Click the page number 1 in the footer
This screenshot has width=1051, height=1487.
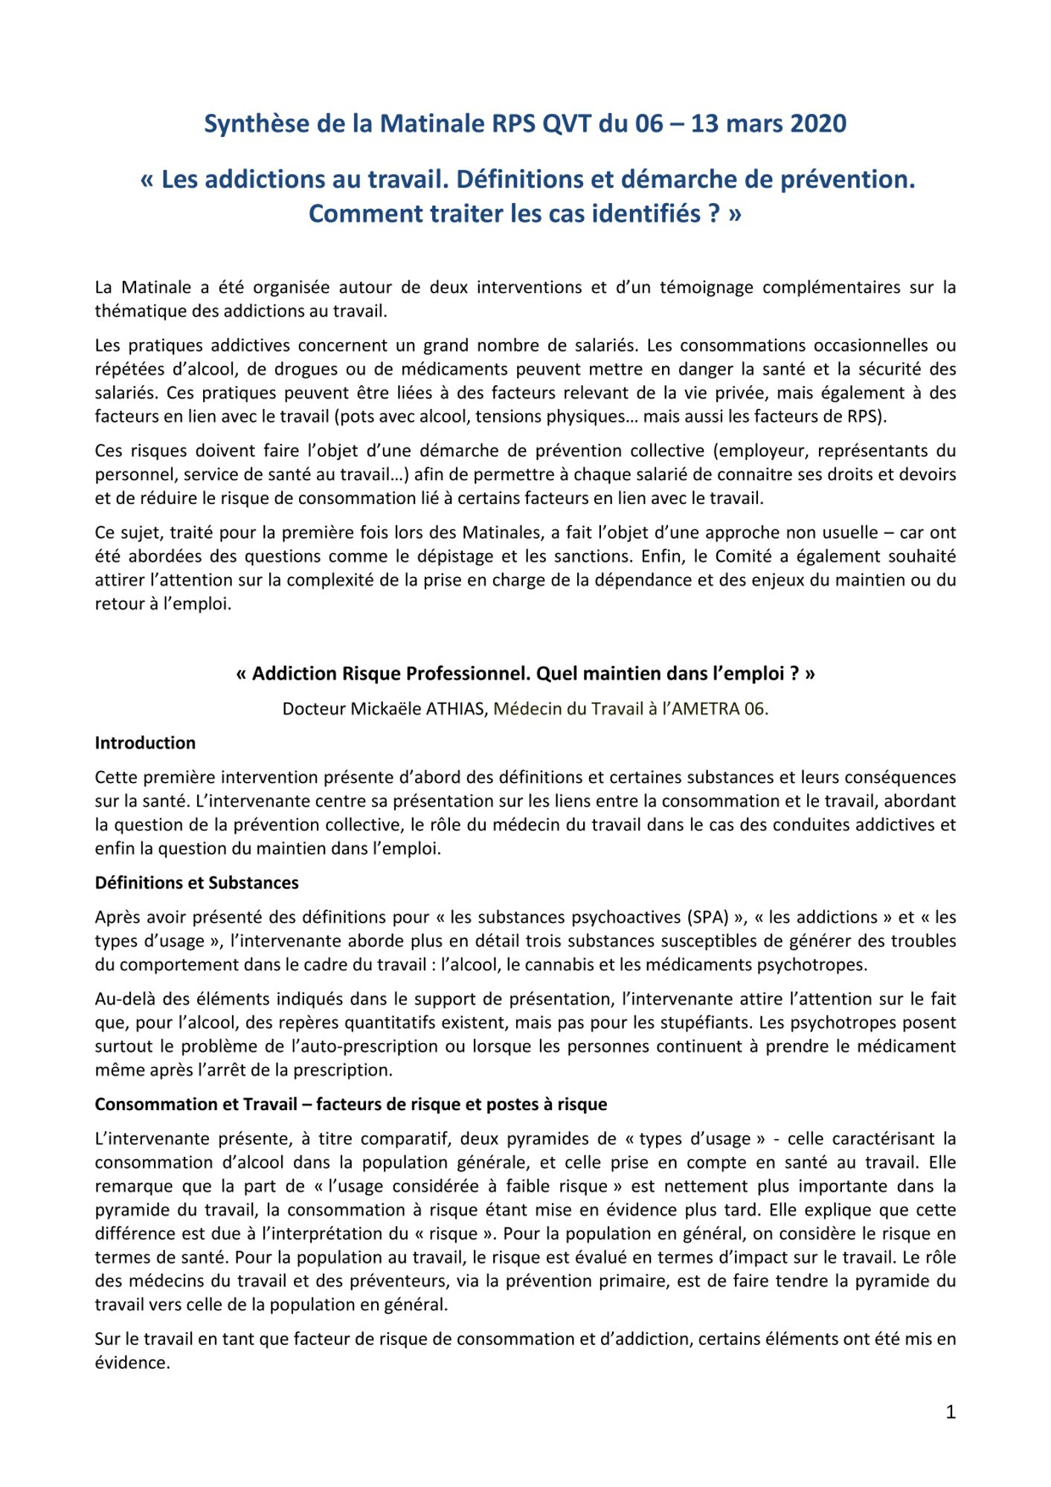coord(950,1412)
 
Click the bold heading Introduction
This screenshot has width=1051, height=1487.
coord(145,743)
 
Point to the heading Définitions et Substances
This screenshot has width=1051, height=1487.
coord(196,883)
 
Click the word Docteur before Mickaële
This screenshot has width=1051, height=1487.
coord(314,709)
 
